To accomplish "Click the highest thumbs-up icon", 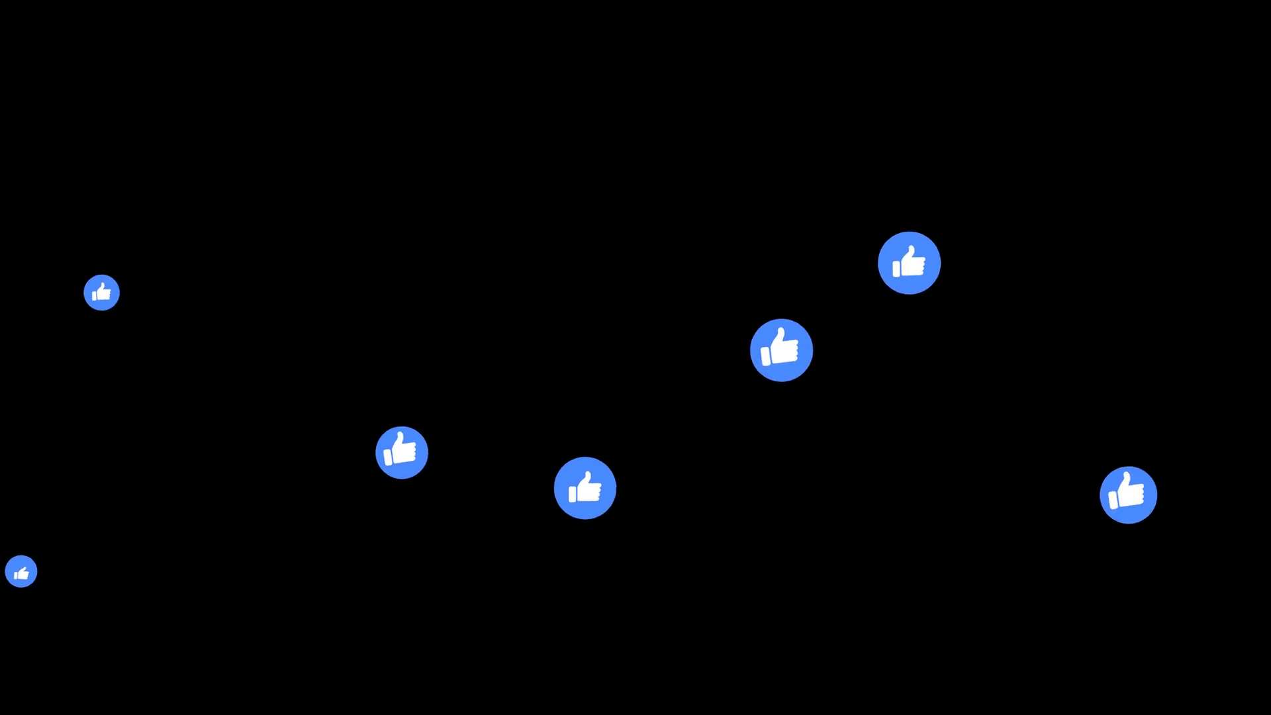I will tap(909, 263).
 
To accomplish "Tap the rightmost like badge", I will tap(1128, 495).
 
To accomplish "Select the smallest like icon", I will tap(21, 571).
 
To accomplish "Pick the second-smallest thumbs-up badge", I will tap(101, 292).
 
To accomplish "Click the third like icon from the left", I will tap(402, 452).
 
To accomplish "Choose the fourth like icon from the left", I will tap(585, 488).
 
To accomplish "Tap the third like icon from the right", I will tap(781, 350).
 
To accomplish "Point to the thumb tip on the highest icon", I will tap(912, 250).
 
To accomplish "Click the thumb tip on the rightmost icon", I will tap(1127, 476).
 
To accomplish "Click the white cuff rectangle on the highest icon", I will tap(896, 268).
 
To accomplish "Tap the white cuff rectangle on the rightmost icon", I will tap(1113, 501).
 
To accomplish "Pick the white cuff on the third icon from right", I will tap(766, 357).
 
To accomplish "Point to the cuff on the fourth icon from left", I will tap(573, 493).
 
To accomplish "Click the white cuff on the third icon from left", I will tap(388, 457).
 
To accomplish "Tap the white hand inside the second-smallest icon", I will tap(102, 293).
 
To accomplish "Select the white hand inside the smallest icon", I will tap(22, 573).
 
